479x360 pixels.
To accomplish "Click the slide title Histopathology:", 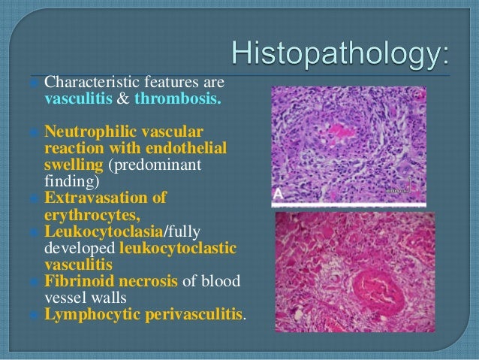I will tap(342, 53).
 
